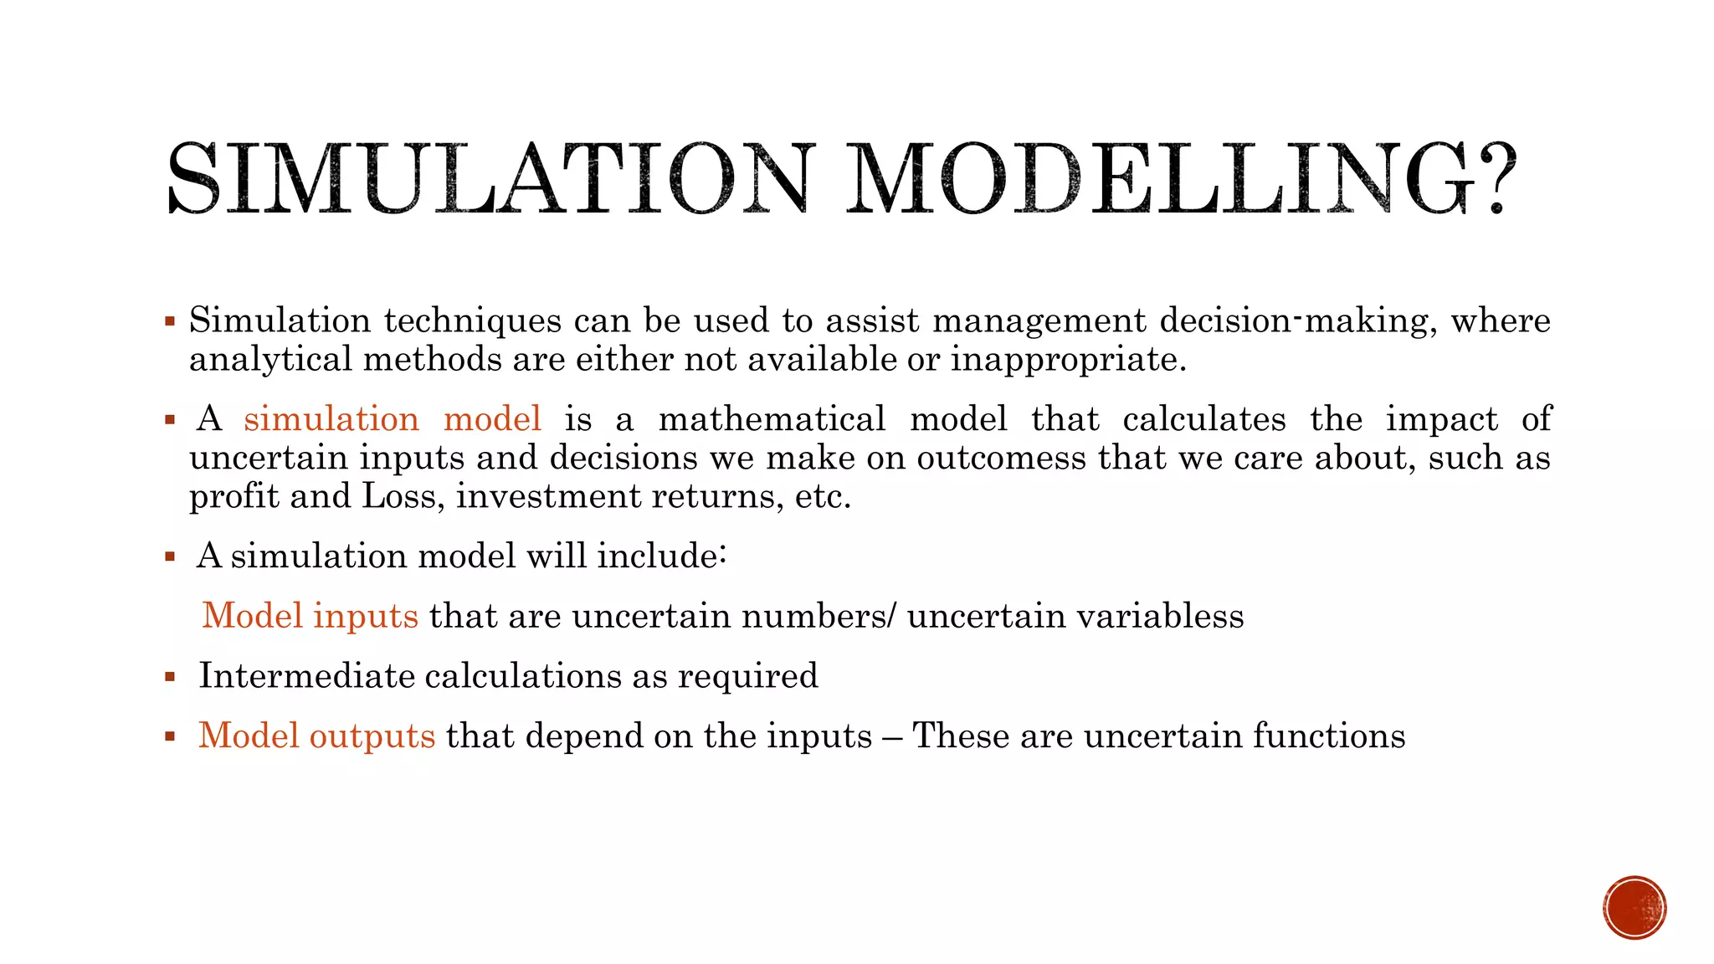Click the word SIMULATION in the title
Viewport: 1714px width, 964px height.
(x=490, y=178)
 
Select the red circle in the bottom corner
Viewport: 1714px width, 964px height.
(x=1634, y=908)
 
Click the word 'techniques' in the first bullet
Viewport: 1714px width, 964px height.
(x=473, y=320)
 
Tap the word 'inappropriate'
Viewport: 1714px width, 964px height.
(x=1068, y=360)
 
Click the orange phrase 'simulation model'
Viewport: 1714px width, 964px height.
(x=393, y=418)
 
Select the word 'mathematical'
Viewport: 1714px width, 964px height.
(x=772, y=418)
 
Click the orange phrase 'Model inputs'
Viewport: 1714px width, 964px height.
(x=310, y=616)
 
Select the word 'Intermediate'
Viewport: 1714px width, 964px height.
(x=306, y=676)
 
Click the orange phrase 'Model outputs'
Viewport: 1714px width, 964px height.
(x=316, y=736)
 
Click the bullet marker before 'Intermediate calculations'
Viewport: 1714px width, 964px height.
(x=170, y=676)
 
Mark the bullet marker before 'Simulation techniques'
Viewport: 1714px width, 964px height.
(x=170, y=321)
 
